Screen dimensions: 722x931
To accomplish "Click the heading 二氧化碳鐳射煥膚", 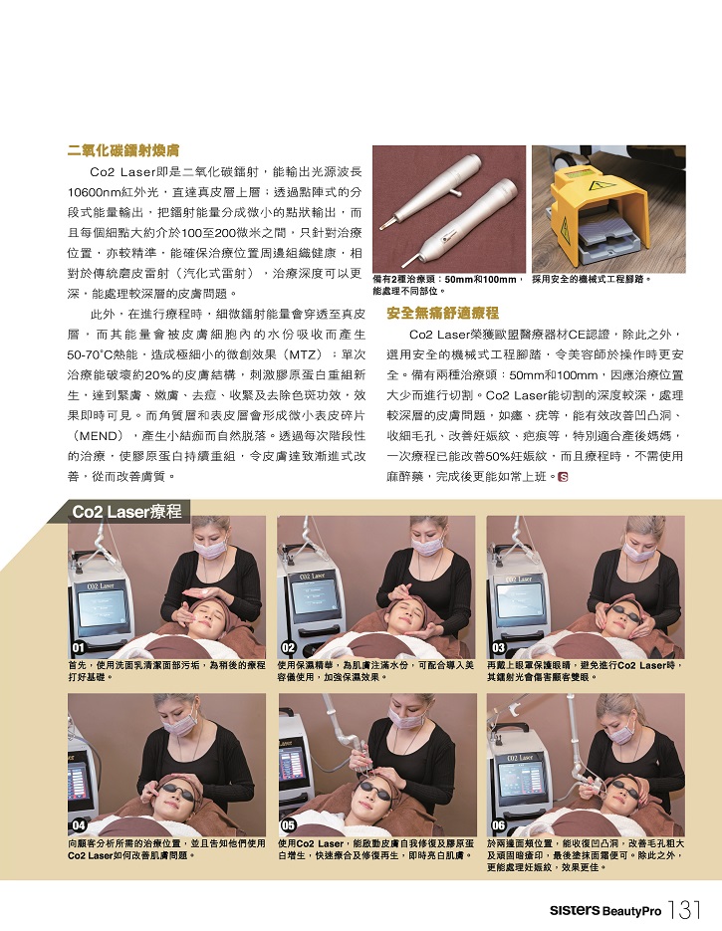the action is pos(122,150).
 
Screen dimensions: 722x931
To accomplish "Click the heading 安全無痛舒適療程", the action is pos(442,314).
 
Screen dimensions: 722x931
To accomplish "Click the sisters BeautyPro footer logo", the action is pos(605,910).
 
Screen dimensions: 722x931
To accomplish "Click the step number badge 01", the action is pos(79,647).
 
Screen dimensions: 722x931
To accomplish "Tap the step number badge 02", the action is pos(288,647).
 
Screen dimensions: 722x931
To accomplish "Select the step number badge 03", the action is pos(498,647).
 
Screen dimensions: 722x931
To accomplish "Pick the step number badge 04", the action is pos(79,825).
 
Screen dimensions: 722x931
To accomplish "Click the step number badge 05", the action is pos(288,825).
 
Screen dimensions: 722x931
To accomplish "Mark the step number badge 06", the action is pos(498,825).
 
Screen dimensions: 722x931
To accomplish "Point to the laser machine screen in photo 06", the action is pos(522,783).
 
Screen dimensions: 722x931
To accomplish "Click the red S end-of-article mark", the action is pos(564,476).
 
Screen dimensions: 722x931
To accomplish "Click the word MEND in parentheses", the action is pos(98,436).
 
